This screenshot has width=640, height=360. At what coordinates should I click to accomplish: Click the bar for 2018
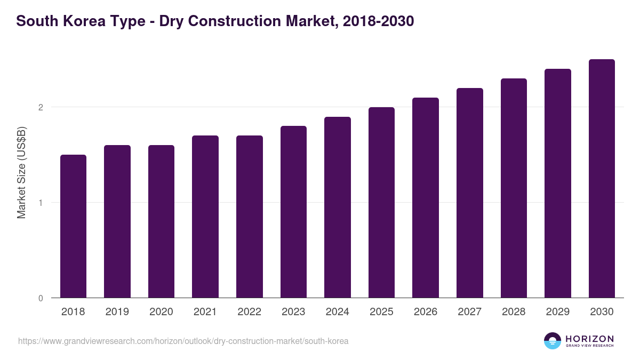tap(73, 226)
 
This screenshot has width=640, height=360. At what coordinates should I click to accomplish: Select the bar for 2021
tap(205, 217)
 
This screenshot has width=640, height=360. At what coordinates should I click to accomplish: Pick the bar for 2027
tap(470, 193)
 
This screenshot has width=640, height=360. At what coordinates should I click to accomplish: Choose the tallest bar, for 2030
tap(602, 178)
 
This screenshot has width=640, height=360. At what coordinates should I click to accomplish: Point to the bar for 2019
tap(117, 221)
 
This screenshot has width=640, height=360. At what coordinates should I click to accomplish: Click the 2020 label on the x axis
tap(161, 312)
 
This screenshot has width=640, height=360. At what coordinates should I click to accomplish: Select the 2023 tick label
tap(293, 312)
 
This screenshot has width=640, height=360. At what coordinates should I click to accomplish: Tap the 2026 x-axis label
tap(426, 312)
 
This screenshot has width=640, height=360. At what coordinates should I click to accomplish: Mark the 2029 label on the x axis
tap(558, 312)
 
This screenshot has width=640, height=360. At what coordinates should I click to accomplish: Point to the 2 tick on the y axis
tap(41, 107)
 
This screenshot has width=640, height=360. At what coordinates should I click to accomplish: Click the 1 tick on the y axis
tap(41, 203)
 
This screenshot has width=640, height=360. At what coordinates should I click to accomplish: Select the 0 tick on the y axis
tap(41, 298)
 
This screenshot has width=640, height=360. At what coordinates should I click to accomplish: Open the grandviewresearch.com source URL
tap(183, 341)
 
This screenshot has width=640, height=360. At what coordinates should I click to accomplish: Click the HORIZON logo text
tap(589, 339)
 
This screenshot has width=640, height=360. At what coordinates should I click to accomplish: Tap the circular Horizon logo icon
tap(553, 341)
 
